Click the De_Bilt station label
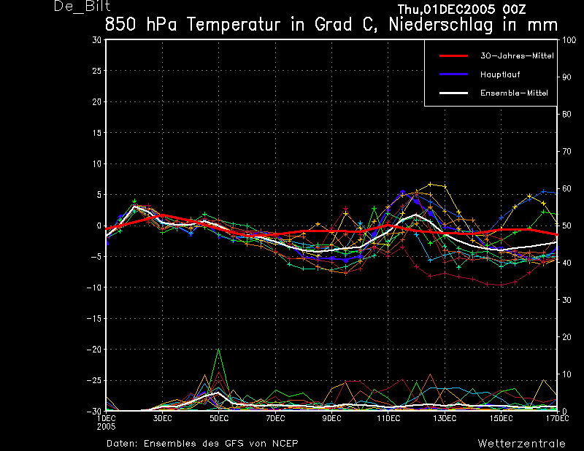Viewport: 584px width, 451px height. pos(82,6)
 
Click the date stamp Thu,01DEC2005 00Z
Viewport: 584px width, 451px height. pos(461,9)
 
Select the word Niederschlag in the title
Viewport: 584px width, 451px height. pos(441,25)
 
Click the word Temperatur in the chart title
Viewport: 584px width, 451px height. pos(234,25)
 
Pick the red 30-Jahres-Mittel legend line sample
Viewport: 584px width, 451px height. pos(453,56)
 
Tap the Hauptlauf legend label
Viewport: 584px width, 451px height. pos(500,74)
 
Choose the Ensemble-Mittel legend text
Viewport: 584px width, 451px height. pos(514,93)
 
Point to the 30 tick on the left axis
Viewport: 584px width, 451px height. pos(97,40)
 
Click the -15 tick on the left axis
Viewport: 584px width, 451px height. pos(94,318)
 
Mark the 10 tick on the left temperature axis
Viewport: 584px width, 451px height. pos(97,164)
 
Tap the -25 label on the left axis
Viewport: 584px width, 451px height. pos(94,381)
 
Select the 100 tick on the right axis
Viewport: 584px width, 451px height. pos(569,40)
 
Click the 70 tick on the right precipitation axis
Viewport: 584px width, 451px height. pos(566,151)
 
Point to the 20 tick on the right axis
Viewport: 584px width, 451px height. pos(566,337)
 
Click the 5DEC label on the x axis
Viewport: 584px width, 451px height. pos(219,419)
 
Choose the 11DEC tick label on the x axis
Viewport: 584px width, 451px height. pos(388,419)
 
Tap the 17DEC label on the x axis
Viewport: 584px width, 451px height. pos(558,419)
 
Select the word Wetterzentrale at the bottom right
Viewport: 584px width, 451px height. pos(521,444)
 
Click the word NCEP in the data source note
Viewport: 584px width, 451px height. pos(285,444)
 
